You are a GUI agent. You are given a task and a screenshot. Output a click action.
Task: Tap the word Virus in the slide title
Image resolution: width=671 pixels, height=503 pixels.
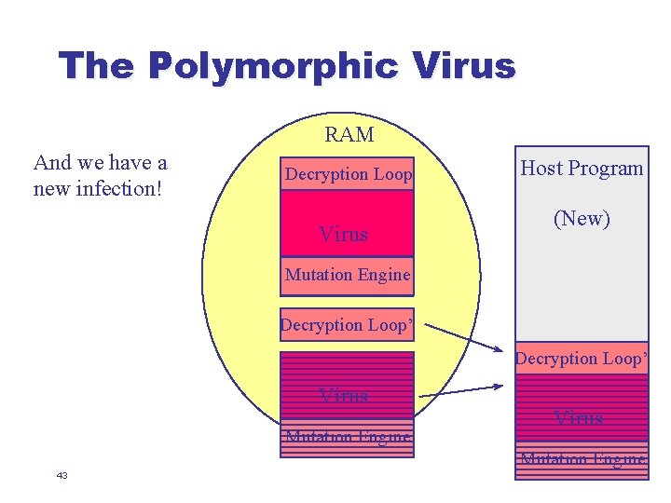pos(463,66)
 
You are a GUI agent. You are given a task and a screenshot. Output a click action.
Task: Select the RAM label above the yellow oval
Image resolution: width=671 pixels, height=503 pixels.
pos(349,135)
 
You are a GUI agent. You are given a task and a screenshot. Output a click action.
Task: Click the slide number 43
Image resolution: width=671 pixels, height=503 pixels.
pos(62,476)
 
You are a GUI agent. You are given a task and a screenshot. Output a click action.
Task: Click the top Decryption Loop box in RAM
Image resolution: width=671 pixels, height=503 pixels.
pos(347,174)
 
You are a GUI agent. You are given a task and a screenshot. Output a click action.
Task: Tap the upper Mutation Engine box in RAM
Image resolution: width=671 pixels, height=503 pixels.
pos(347,275)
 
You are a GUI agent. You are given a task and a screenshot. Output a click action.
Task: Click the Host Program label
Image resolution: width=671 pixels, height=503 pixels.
pos(582,169)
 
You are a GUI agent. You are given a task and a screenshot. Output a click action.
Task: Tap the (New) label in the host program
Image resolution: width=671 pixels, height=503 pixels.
pos(582,219)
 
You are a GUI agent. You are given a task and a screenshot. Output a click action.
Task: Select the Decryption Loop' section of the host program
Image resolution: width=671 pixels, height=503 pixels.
pos(582,359)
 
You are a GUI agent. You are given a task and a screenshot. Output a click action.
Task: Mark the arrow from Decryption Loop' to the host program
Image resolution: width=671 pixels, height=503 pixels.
pos(466,342)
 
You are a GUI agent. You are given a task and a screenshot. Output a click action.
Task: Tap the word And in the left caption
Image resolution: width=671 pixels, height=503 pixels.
pos(51,163)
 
